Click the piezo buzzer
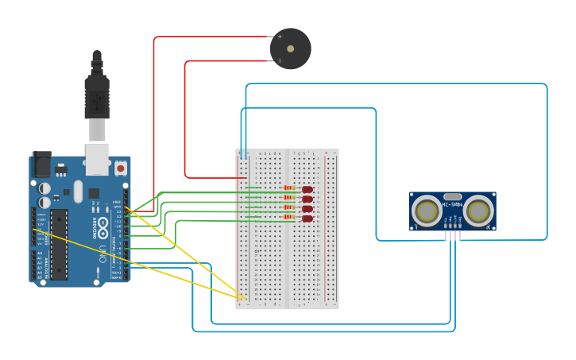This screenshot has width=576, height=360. (291, 48)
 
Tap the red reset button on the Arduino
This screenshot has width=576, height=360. (120, 168)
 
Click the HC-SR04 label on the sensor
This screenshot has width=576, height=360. (453, 205)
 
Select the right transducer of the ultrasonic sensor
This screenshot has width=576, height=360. (478, 211)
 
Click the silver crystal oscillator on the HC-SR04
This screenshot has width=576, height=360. (453, 195)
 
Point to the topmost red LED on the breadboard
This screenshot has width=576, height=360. (307, 189)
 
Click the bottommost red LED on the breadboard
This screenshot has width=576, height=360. (307, 218)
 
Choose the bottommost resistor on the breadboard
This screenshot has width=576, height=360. (288, 218)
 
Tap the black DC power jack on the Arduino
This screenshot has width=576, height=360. (41, 165)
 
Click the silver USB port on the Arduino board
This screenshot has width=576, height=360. (97, 159)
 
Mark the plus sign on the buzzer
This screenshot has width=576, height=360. (280, 37)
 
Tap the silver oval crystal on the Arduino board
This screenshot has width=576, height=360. (78, 192)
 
